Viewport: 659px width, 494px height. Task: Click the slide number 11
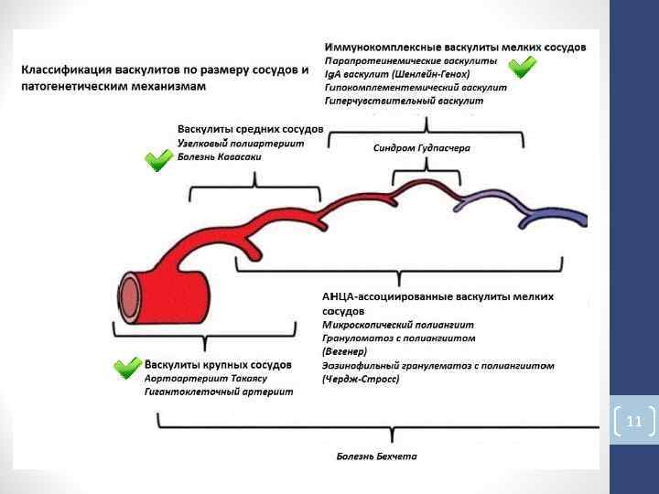pos(634,422)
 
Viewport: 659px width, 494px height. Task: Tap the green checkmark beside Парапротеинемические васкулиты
pos(522,67)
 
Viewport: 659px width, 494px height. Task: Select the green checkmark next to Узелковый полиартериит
pos(159,161)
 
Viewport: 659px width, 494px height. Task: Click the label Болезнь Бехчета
pos(376,456)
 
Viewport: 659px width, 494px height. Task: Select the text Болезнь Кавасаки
pos(220,157)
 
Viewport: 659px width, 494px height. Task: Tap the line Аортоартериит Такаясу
pos(205,379)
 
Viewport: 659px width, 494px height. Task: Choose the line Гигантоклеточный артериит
pos(219,392)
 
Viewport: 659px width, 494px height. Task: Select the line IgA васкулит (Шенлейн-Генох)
pos(397,73)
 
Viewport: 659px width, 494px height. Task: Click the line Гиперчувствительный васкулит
pos(404,100)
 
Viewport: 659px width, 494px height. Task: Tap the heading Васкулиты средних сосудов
pos(250,130)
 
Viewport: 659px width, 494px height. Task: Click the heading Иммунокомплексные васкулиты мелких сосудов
pos(456,46)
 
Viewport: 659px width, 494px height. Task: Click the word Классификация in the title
pos(66,70)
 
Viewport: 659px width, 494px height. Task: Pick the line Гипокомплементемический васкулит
pos(416,87)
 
